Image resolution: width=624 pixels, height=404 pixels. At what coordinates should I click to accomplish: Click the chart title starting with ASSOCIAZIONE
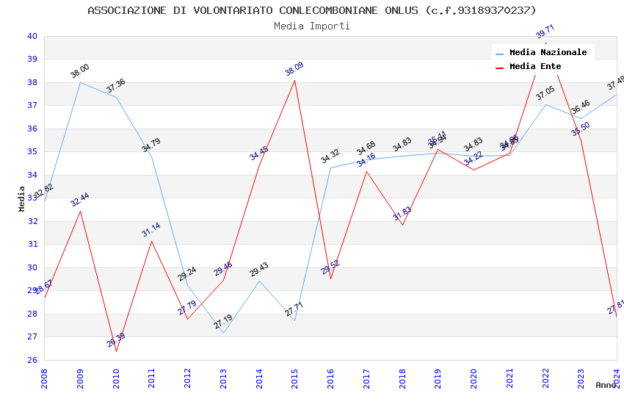point(312,10)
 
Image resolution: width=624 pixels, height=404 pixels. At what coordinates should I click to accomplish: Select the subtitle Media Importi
point(312,26)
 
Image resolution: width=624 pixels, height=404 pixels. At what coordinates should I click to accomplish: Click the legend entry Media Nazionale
point(548,52)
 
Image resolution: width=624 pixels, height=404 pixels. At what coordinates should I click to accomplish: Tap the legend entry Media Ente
point(535,66)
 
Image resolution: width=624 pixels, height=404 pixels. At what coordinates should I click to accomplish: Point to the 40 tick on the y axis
point(32,36)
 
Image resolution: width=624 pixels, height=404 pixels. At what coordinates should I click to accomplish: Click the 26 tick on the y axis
point(32,360)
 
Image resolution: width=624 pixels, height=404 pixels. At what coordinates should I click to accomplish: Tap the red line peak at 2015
point(295,80)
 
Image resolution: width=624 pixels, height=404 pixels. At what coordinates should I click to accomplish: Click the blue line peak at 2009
point(80,82)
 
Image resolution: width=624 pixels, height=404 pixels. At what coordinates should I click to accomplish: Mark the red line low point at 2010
point(116,351)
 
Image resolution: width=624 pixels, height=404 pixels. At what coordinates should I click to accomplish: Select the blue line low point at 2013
point(223,333)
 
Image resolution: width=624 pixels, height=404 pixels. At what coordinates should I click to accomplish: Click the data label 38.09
point(294,69)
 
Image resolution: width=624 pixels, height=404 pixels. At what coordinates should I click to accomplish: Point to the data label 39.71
point(545,31)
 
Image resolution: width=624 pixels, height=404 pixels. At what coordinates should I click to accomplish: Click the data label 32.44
point(80,199)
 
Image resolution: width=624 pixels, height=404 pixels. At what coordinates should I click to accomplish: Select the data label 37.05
point(545,93)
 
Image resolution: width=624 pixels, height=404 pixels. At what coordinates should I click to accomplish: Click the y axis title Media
point(22,198)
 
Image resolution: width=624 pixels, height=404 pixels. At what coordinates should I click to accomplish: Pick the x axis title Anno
point(606,385)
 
